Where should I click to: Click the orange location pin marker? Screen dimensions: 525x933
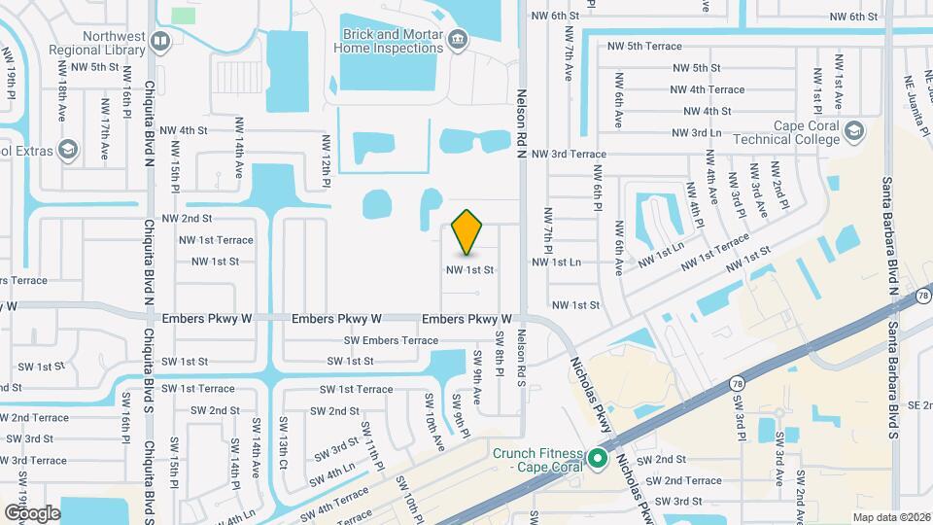pyautogui.click(x=467, y=232)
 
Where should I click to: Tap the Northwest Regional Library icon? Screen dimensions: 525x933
pyautogui.click(x=159, y=41)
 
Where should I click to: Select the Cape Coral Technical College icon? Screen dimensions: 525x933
pyautogui.click(x=853, y=131)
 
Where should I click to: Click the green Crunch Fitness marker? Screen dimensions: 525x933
pyautogui.click(x=599, y=458)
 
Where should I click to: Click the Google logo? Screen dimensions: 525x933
pyautogui.click(x=32, y=512)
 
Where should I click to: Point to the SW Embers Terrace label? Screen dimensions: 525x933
pyautogui.click(x=391, y=340)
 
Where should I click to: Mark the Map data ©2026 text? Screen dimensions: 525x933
pyautogui.click(x=890, y=517)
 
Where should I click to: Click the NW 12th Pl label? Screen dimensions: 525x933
pyautogui.click(x=328, y=159)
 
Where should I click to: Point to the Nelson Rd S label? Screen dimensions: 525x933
pyautogui.click(x=521, y=357)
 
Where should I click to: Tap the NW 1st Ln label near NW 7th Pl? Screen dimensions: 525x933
pyautogui.click(x=556, y=262)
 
